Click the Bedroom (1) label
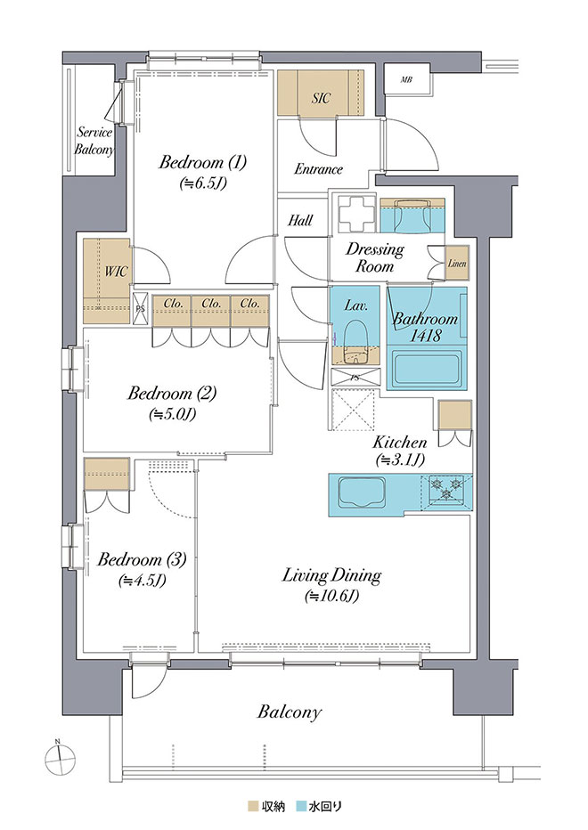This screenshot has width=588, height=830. coord(203,162)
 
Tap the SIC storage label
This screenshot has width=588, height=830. coord(321,98)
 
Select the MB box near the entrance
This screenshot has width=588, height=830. coord(406,79)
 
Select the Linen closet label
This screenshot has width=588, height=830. coord(457,263)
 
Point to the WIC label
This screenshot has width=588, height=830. coord(116,272)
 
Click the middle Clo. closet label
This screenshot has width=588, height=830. coord(211,304)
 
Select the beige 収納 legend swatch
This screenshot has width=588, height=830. coord(253,807)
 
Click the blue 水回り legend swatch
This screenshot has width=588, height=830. coord(301,807)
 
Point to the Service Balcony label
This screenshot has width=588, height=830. coord(94,141)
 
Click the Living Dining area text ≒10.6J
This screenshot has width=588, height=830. coord(331,597)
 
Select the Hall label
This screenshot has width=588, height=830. coord(300,220)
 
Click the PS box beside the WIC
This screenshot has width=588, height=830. coord(141,308)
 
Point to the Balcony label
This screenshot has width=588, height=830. coord(290,712)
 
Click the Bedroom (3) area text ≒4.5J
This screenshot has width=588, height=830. coord(143,582)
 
